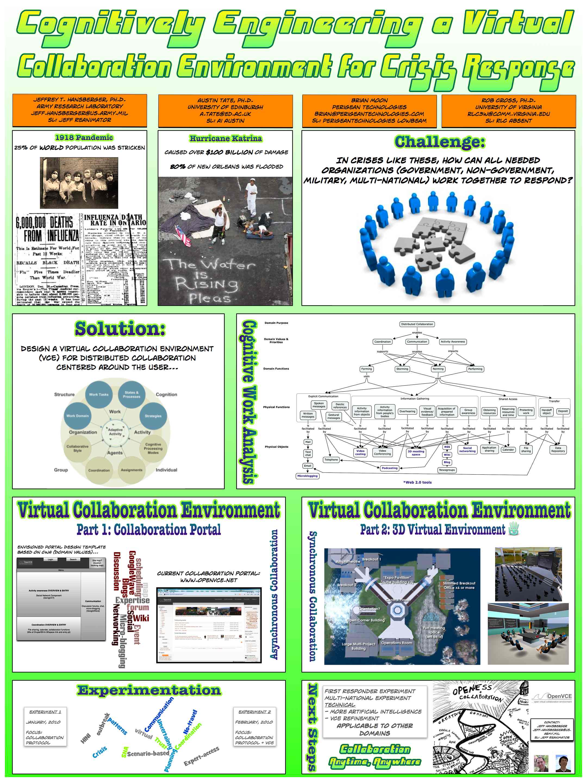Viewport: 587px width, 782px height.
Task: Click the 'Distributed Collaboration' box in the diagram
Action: [417, 324]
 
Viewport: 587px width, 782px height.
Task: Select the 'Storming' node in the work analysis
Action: [402, 369]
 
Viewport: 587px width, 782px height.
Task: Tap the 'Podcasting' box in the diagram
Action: [389, 468]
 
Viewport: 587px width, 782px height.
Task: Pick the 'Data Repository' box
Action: [558, 449]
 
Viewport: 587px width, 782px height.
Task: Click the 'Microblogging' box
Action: [307, 476]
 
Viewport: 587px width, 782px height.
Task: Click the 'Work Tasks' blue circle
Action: [99, 395]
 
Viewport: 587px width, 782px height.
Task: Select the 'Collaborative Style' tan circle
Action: [77, 448]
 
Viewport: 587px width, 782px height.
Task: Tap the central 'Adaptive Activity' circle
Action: [115, 432]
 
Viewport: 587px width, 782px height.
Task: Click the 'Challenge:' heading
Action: [439, 142]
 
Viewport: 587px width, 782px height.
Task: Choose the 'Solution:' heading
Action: [120, 329]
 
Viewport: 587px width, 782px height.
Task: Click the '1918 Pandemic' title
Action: [84, 137]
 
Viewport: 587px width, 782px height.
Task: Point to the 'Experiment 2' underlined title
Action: [254, 712]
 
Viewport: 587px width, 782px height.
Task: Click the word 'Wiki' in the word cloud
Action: [141, 618]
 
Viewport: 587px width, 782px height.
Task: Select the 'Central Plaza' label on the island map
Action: [397, 600]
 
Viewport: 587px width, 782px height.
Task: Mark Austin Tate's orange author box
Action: [225, 111]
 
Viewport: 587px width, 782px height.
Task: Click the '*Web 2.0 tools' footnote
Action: [417, 482]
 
